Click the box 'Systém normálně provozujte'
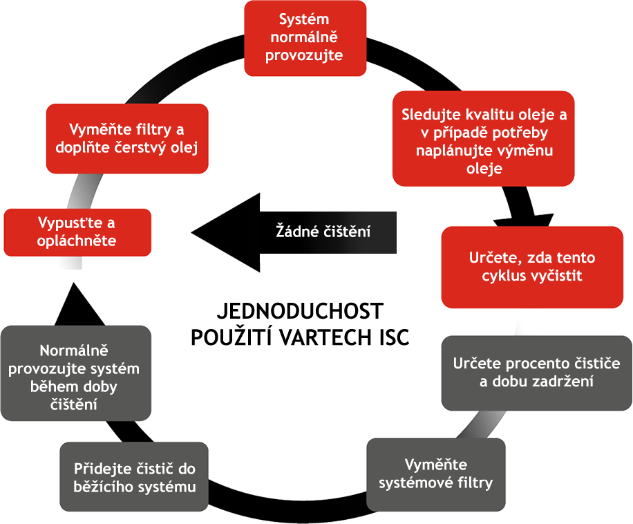305,38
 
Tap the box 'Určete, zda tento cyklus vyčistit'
531,267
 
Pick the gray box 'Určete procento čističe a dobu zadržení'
536,373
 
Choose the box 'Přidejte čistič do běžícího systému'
134,477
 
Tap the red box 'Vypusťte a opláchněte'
77,232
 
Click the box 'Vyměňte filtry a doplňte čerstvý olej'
127,139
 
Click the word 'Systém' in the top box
305,20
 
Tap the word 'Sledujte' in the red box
429,115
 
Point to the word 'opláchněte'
77,241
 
